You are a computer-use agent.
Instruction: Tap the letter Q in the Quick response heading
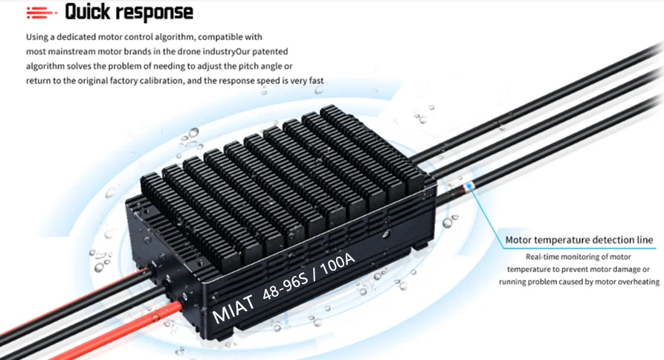tap(72, 13)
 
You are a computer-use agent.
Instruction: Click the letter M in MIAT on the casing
tap(221, 313)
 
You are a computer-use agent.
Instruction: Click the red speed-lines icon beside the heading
tap(41, 13)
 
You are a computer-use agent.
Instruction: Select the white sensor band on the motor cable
tap(468, 187)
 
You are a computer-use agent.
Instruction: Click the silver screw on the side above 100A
tap(385, 234)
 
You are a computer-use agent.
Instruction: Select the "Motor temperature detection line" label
tap(579, 240)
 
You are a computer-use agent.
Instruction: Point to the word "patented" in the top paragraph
tap(270, 51)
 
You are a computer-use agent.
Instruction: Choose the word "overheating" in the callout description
tap(639, 282)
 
